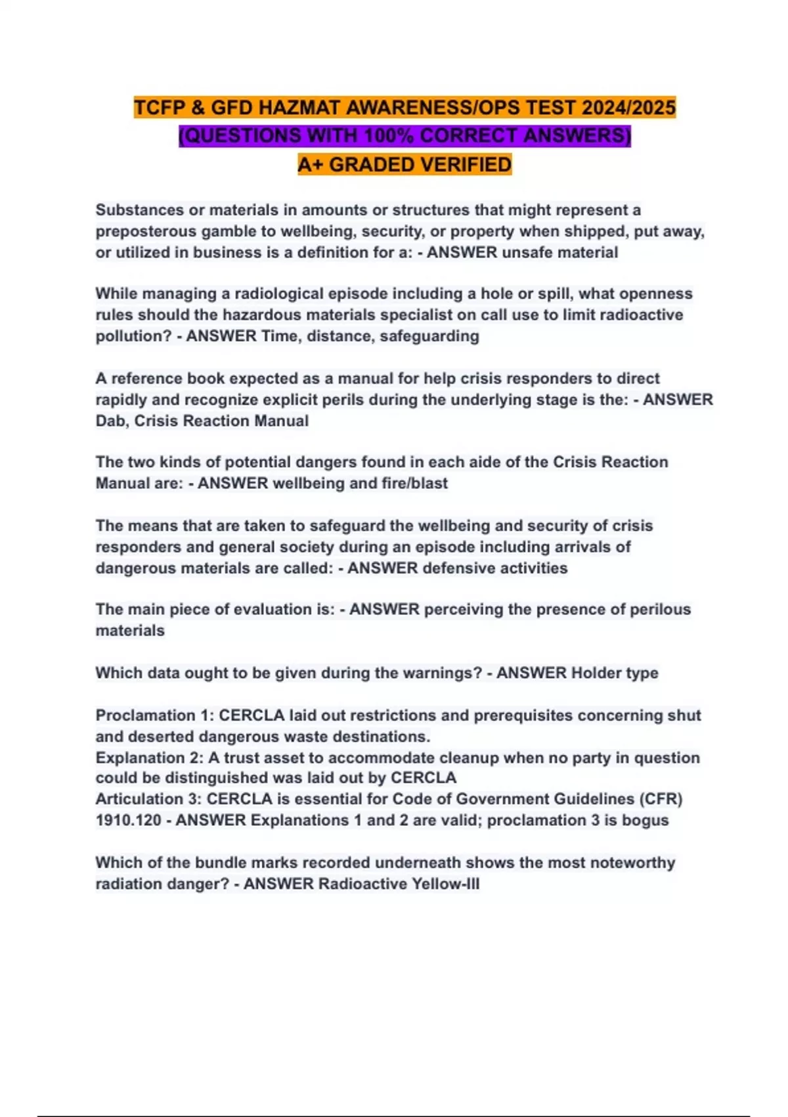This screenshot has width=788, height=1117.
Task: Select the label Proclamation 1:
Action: tap(155, 715)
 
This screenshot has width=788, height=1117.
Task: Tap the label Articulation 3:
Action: tap(148, 799)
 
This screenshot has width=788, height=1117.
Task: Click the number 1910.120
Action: tap(128, 820)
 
